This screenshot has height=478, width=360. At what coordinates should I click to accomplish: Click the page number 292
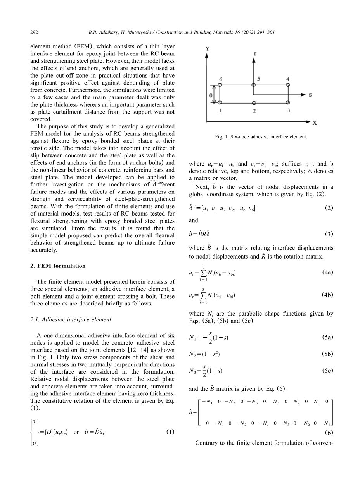tap(33, 33)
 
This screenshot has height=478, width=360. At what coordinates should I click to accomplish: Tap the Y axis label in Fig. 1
tap(208, 49)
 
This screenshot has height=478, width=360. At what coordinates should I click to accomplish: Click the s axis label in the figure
tap(310, 94)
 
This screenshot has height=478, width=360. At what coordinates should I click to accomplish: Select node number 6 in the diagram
tap(220, 79)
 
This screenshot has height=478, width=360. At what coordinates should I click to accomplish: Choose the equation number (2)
tap(329, 208)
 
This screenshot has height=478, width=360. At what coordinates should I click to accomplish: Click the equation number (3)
tap(329, 234)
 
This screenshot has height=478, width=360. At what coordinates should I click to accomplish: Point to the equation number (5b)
tap(328, 354)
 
